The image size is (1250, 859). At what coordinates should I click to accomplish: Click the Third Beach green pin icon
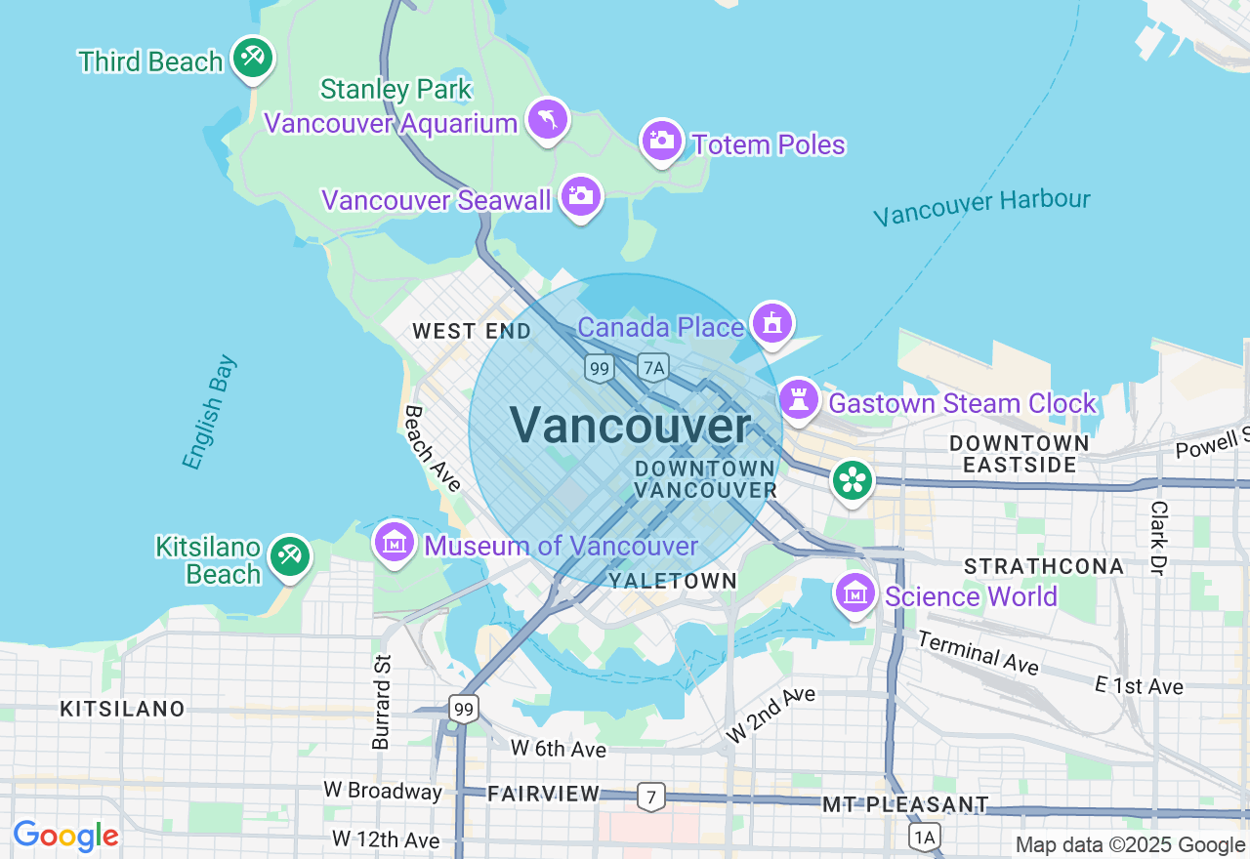pos(253,56)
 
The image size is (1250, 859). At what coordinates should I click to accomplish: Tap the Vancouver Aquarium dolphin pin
pos(547,119)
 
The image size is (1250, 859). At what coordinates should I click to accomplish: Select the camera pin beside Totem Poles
pos(661,141)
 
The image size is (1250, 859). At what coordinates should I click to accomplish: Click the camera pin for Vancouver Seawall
pos(581,196)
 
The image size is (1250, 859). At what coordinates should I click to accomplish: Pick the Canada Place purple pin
pos(772,321)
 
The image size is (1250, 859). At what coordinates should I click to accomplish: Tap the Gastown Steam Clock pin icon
pos(799,399)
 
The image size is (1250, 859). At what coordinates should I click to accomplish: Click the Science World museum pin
pos(854,592)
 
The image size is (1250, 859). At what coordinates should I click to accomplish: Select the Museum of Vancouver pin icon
pos(395,541)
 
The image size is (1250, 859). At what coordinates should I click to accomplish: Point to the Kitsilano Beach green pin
pos(289,555)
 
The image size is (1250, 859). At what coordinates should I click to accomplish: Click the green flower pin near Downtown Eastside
pos(853,479)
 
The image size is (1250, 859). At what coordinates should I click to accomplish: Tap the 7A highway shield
pos(653,367)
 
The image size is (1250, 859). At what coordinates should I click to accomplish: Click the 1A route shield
pos(924,837)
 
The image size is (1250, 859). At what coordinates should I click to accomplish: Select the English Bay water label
pos(210,413)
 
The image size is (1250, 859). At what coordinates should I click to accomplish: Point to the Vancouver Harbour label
pos(981,206)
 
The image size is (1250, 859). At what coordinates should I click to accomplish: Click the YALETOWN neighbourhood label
pos(672,581)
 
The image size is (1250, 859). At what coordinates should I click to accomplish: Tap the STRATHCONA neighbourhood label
pos(1044,566)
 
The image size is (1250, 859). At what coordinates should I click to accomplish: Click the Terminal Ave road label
pos(979,652)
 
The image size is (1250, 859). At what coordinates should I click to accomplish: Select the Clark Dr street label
pos(1159,538)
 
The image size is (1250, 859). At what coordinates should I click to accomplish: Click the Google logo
pos(65,837)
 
